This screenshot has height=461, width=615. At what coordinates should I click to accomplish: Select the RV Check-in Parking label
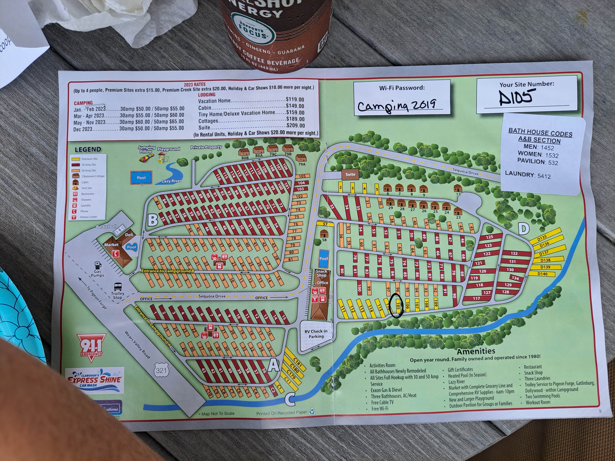tap(316, 334)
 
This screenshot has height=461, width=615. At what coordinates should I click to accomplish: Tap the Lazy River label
tap(172, 181)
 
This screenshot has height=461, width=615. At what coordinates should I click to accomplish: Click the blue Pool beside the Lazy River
tap(141, 178)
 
